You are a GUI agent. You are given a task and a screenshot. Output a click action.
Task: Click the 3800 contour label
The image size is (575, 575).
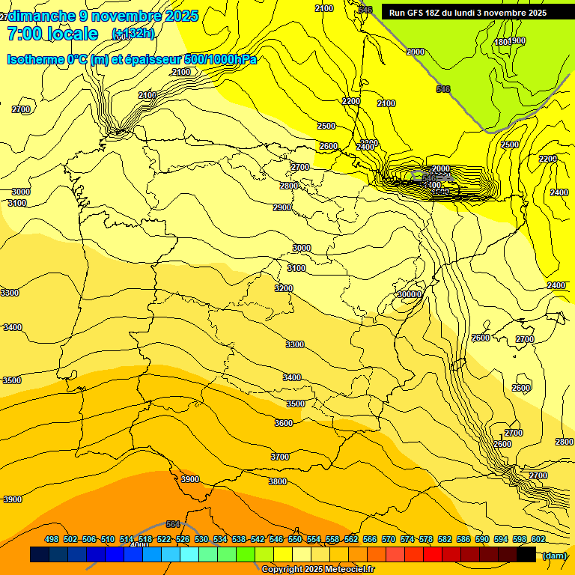point(278,481)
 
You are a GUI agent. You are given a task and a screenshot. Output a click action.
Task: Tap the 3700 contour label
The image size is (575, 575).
point(280,457)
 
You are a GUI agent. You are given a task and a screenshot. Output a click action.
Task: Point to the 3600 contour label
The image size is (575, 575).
point(284,423)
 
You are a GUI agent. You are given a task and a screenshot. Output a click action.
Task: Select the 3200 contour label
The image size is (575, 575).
point(284,288)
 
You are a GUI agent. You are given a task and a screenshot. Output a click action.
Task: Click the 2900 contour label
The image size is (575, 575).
point(282,207)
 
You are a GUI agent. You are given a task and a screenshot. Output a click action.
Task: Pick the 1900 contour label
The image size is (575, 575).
point(517,40)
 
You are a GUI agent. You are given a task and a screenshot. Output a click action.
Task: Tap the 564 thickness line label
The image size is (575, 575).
point(173,524)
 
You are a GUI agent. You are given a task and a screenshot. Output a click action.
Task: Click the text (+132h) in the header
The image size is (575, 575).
point(133,34)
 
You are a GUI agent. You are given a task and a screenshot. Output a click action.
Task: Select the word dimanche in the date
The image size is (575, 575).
point(43,16)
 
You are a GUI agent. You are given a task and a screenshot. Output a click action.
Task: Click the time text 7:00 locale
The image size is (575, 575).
point(52,34)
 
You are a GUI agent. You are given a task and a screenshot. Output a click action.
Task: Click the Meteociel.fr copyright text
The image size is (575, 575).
point(318,570)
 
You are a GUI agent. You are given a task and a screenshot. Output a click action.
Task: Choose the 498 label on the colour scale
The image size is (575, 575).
point(52,539)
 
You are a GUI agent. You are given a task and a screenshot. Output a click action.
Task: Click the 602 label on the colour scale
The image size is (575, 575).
point(538,539)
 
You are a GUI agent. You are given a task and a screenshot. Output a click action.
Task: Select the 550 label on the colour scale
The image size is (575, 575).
point(295,539)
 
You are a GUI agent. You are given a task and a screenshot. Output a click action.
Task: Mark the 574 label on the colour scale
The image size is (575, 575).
point(407,539)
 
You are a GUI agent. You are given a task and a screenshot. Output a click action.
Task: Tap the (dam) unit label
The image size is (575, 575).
point(555,555)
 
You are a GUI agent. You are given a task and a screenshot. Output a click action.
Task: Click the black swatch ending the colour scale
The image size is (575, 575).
point(526,555)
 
